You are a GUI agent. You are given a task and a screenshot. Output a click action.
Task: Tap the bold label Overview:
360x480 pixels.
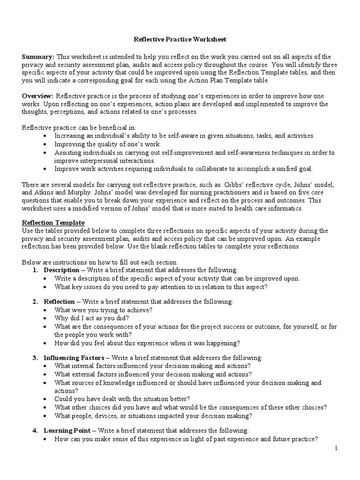(x=39, y=96)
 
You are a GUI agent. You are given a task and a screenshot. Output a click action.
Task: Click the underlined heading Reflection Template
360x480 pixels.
(x=53, y=222)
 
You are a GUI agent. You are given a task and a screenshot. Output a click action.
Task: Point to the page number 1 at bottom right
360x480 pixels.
(x=336, y=449)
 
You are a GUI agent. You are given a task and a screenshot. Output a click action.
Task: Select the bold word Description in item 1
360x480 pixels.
(x=61, y=270)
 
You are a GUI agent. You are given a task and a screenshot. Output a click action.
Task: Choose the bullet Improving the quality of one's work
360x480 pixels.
(x=108, y=144)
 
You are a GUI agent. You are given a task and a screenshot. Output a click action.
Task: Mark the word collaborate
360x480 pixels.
(x=214, y=169)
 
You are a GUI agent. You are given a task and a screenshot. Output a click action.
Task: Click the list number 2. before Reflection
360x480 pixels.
(x=36, y=302)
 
